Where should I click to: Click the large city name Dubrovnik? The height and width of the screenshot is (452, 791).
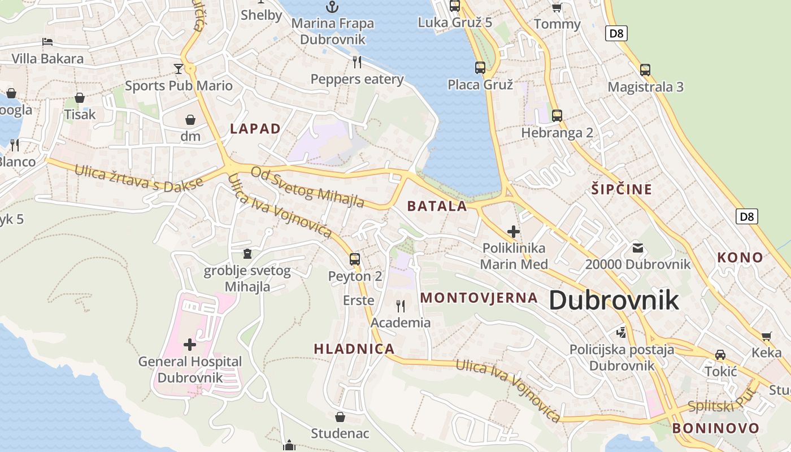click(614, 300)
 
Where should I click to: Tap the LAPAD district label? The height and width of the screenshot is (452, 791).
click(255, 129)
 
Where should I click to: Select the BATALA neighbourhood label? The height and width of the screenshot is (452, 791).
click(437, 206)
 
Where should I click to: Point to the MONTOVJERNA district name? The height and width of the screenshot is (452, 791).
click(479, 298)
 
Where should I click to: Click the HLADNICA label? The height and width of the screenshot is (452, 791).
click(354, 349)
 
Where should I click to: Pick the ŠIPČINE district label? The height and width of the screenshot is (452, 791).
click(621, 189)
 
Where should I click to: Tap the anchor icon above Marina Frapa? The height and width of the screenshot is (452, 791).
click(332, 7)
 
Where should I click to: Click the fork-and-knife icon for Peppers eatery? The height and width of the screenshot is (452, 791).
click(357, 62)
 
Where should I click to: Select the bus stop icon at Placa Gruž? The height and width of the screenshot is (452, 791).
click(480, 68)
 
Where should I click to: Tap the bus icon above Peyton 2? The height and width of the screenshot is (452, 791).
click(355, 259)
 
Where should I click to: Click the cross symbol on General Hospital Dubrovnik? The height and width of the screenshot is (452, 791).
click(190, 344)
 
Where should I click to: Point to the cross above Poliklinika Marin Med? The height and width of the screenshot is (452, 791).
click(514, 231)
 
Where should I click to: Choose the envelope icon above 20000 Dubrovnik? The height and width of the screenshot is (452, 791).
click(638, 247)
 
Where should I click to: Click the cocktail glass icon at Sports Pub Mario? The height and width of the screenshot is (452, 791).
click(179, 69)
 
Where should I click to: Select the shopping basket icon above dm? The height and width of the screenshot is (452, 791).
click(190, 120)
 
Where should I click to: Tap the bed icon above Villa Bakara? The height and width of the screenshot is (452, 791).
click(47, 42)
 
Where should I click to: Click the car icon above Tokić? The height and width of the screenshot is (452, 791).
click(720, 355)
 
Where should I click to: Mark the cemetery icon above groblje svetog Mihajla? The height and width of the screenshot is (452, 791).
click(247, 254)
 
